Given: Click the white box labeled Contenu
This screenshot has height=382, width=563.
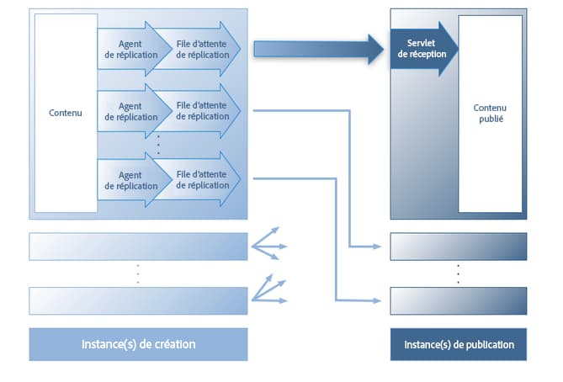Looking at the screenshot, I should click(65, 113).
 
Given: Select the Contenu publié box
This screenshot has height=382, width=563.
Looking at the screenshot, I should click(489, 113).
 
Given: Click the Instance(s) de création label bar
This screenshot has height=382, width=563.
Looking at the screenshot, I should click(138, 344).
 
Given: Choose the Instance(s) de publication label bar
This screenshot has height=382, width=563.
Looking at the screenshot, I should click(459, 344).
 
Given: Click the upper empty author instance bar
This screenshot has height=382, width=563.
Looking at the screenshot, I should click(138, 247).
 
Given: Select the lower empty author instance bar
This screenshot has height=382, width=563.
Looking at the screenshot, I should click(138, 300).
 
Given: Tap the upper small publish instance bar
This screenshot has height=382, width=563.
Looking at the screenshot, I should click(459, 247).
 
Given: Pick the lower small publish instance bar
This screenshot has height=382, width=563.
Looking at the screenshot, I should click(459, 300).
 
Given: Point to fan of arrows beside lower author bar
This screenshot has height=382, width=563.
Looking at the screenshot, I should click(271, 290).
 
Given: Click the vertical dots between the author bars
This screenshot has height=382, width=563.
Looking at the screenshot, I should click(138, 273).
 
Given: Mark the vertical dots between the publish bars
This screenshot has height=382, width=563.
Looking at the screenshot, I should click(459, 273).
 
